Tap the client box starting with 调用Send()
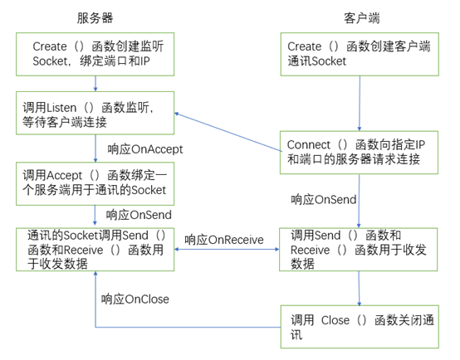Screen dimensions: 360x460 click(358, 250)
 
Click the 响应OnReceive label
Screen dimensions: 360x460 click(224, 240)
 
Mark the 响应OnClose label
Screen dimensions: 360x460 click(135, 299)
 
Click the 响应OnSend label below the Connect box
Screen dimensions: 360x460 click(324, 200)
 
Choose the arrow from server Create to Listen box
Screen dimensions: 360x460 click(96, 83)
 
